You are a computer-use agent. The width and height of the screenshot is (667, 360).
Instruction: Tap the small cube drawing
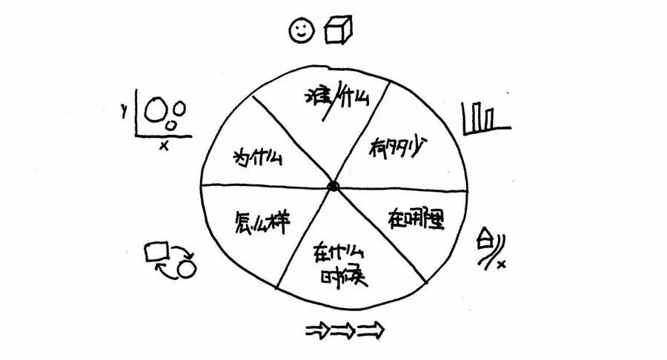tap(339, 29)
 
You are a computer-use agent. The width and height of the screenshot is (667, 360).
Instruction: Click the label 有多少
tap(398, 148)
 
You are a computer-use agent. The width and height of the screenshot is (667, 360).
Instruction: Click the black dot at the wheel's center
tap(333, 186)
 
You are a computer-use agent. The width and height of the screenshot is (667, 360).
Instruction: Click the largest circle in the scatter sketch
tap(155, 111)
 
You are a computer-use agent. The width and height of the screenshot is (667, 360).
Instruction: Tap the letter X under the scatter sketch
tap(164, 146)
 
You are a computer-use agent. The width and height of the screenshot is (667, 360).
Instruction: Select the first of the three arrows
tap(317, 330)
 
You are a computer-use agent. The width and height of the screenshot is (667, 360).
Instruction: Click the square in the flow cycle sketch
tap(156, 251)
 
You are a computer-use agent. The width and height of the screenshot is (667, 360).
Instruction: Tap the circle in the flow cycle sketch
tap(186, 268)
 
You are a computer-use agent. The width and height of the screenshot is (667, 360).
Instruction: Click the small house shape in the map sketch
tap(485, 239)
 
